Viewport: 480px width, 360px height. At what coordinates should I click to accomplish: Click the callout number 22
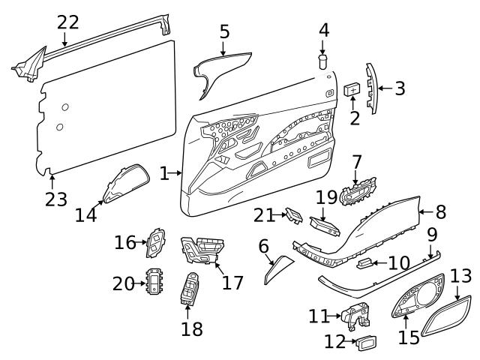(67, 22)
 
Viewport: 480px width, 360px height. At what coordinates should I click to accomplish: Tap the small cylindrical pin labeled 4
(324, 59)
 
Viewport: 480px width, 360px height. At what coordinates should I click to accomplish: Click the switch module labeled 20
(156, 283)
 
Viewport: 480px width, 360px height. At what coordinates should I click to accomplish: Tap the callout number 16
(124, 241)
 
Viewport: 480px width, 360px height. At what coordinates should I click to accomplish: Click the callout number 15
(409, 337)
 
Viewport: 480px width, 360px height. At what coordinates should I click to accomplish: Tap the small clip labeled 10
(367, 262)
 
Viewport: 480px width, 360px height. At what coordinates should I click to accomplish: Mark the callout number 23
(55, 199)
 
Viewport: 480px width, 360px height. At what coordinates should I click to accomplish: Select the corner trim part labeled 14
(122, 184)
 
